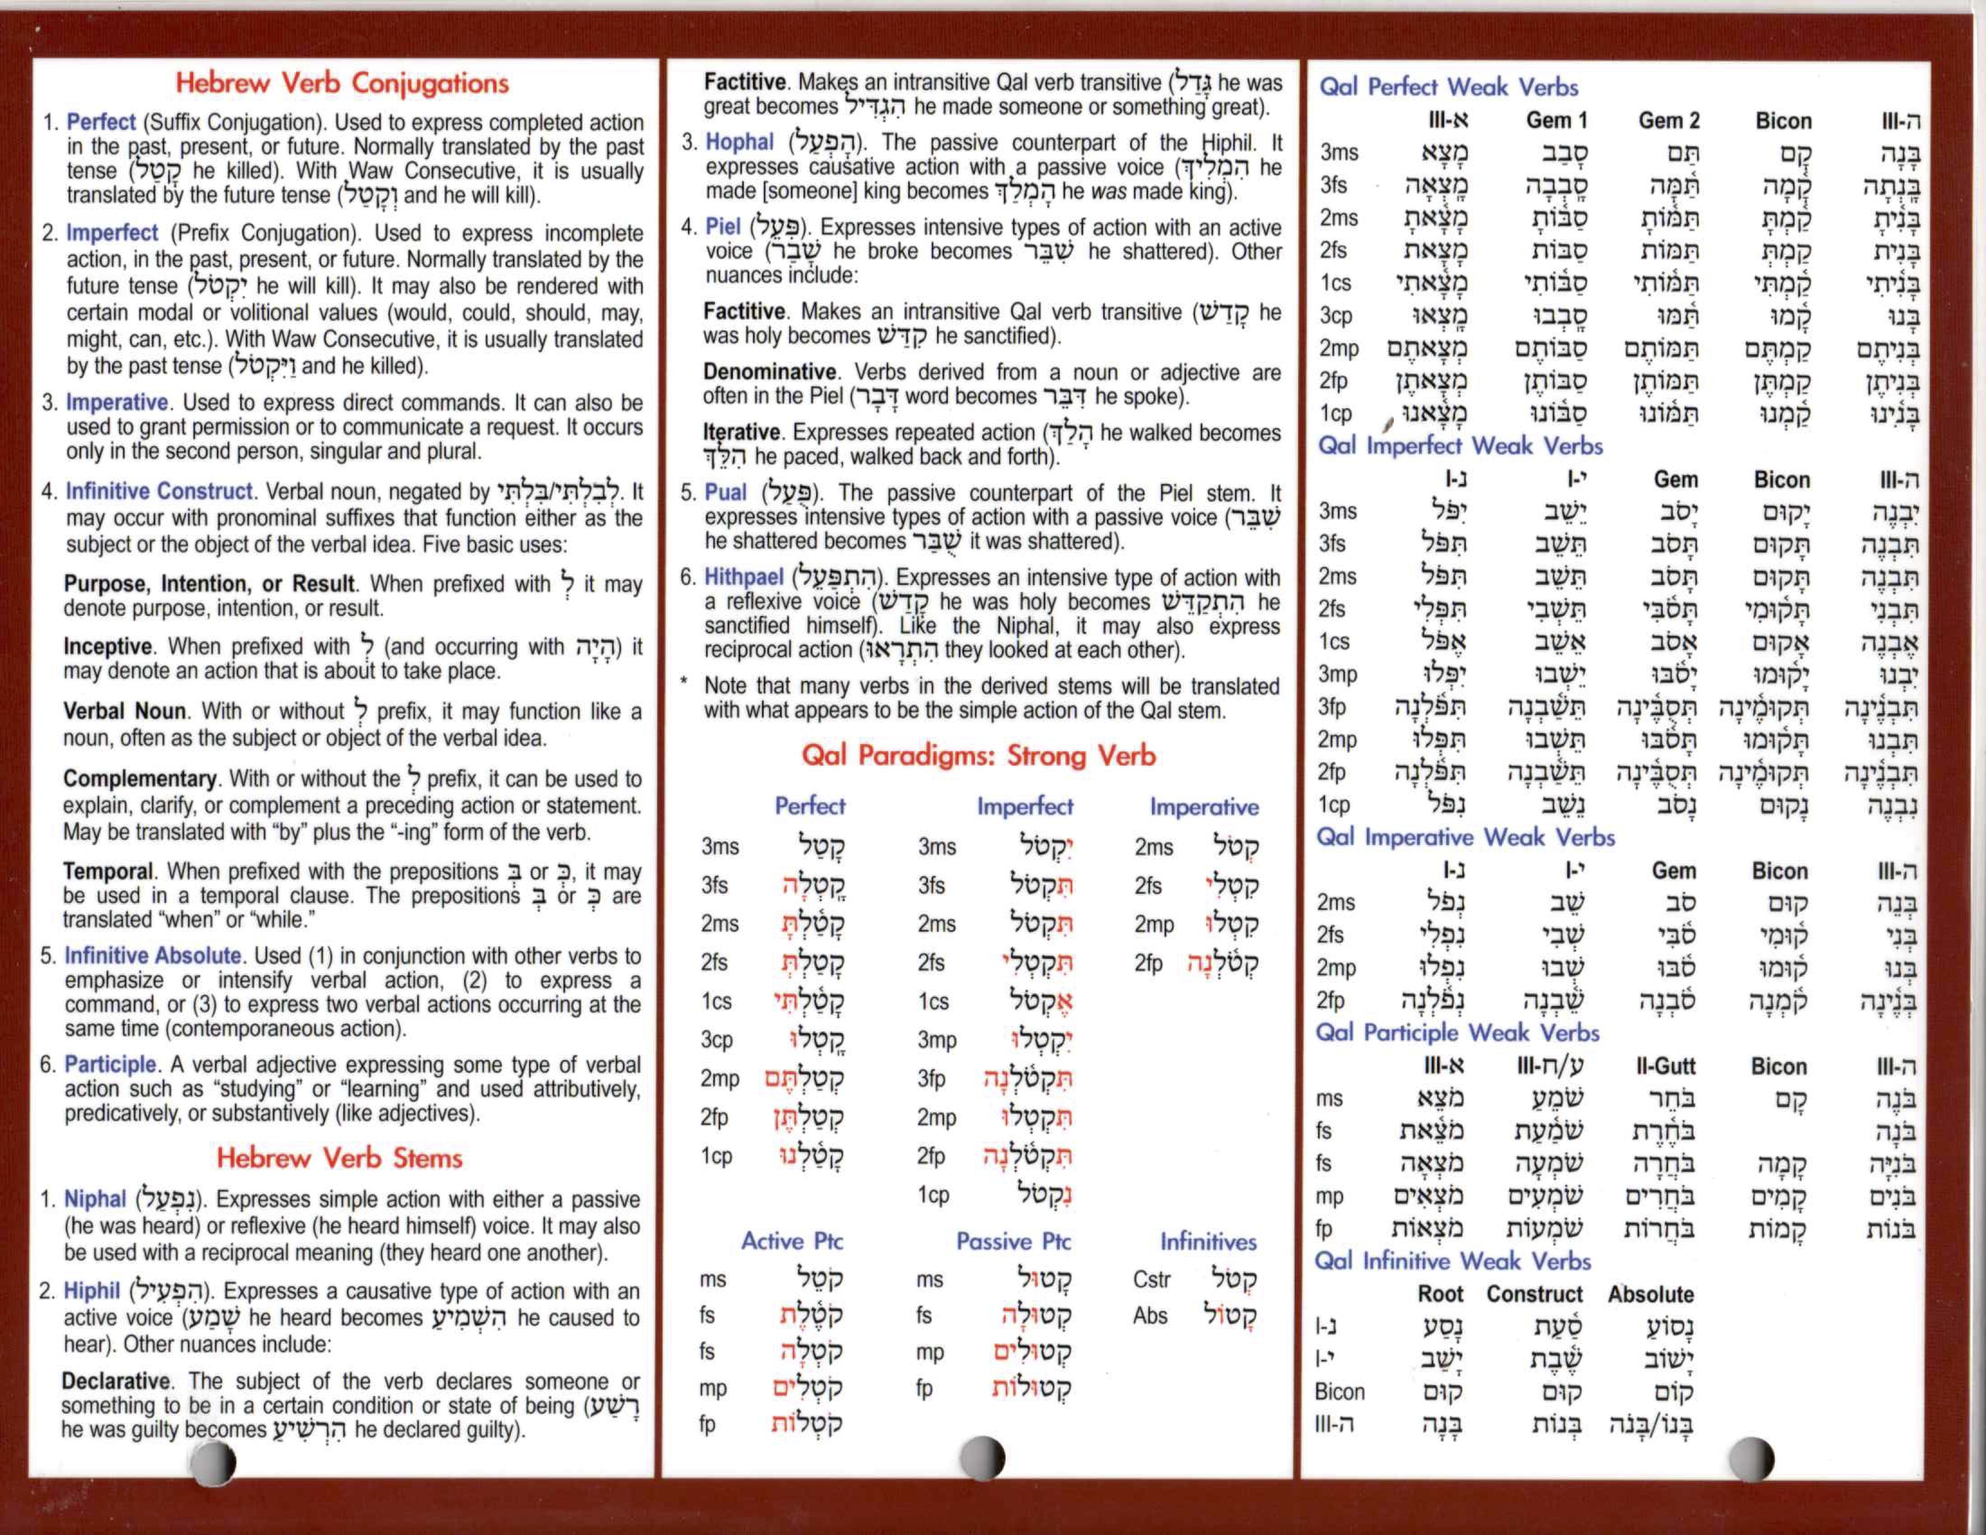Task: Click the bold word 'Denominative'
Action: pyautogui.click(x=769, y=372)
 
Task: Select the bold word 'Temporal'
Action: pyautogui.click(x=108, y=871)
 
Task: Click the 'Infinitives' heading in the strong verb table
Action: pyautogui.click(x=1208, y=1241)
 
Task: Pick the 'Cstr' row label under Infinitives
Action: pyautogui.click(x=1151, y=1280)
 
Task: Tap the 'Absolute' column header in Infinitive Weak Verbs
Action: pyautogui.click(x=1650, y=1294)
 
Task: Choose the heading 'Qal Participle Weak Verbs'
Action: pyautogui.click(x=1457, y=1033)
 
